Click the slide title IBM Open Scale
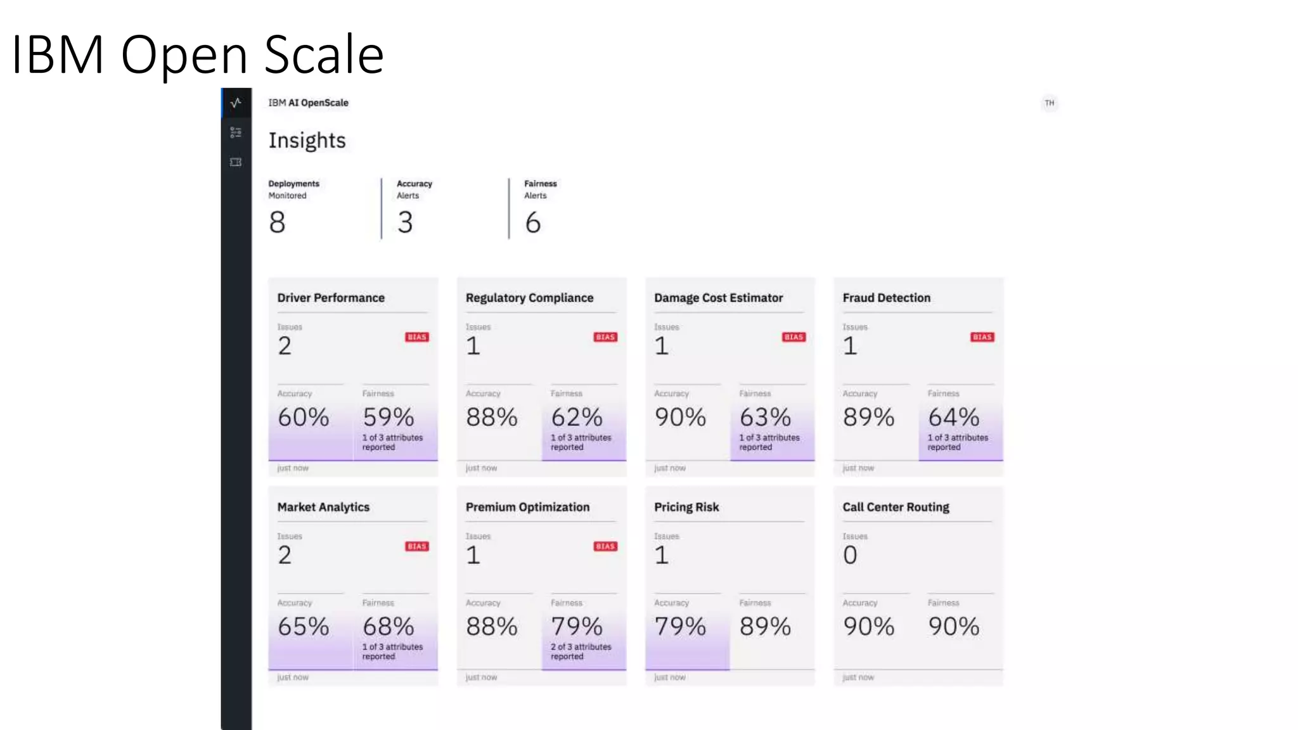click(x=198, y=54)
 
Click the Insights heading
click(x=307, y=140)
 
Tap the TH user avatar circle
click(x=1050, y=103)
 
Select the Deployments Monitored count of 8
click(x=277, y=222)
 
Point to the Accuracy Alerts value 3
click(x=405, y=222)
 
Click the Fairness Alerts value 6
click(x=532, y=222)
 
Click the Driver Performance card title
click(x=330, y=298)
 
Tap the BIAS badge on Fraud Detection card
click(x=982, y=337)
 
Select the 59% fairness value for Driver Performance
click(x=388, y=417)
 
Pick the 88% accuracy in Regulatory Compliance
click(x=491, y=417)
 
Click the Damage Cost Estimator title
click(x=718, y=298)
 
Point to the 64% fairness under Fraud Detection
click(x=953, y=417)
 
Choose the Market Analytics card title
click(x=323, y=507)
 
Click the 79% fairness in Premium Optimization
click(x=576, y=626)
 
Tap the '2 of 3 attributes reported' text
click(x=581, y=651)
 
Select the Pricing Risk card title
click(x=686, y=507)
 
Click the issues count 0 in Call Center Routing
click(x=850, y=555)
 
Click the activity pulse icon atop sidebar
click(x=236, y=103)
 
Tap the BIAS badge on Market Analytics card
click(x=416, y=546)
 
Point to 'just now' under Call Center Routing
click(x=858, y=677)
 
